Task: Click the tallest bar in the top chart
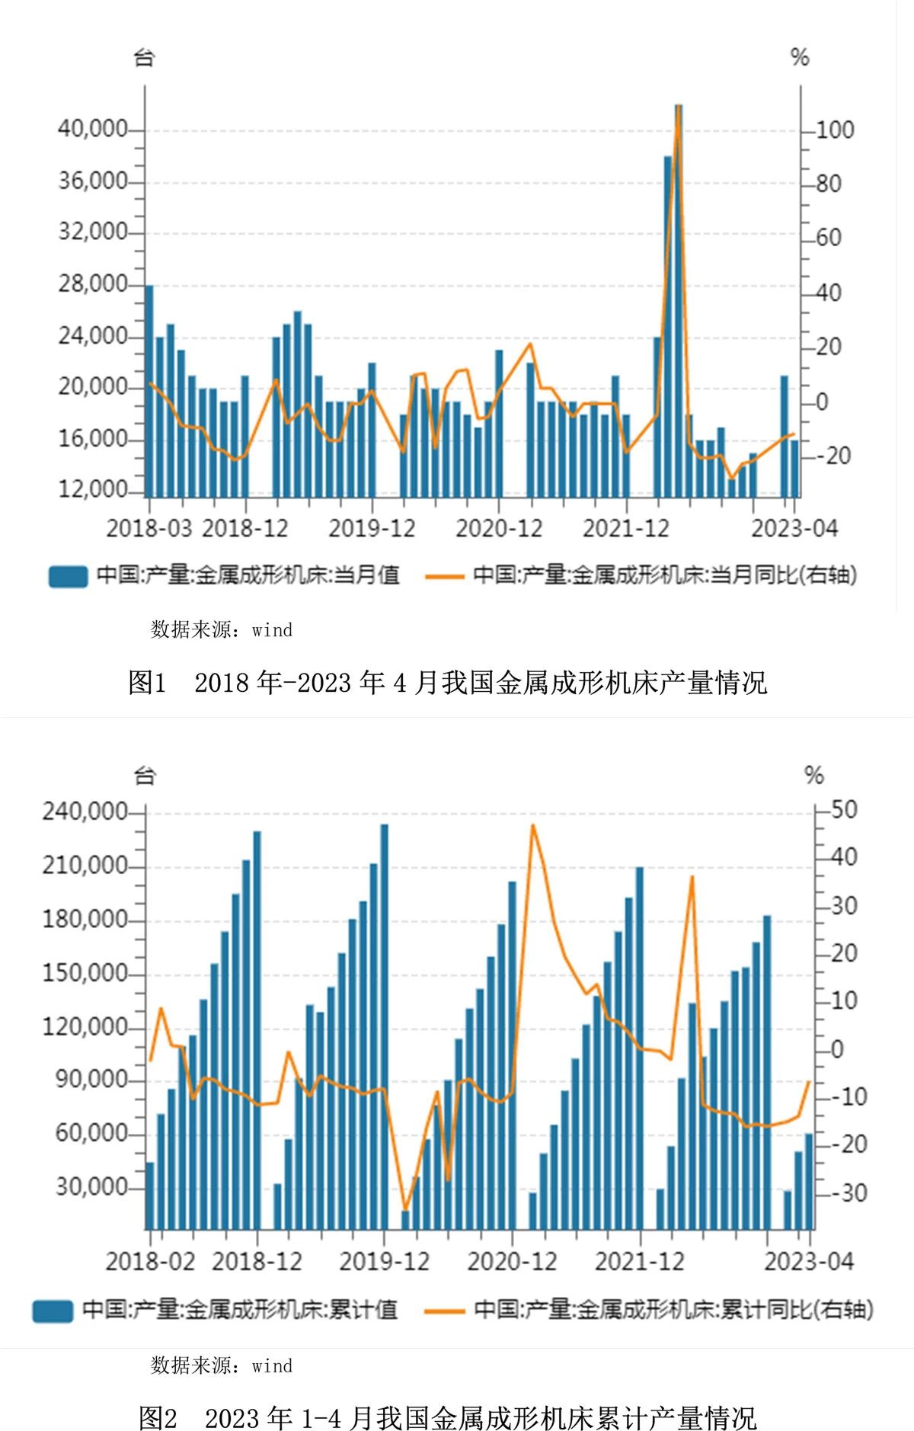point(678,305)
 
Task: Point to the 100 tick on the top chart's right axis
point(835,130)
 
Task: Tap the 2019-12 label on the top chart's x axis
point(372,528)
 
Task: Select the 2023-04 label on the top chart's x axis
point(794,528)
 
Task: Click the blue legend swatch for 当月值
point(68,576)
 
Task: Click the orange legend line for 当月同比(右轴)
point(445,576)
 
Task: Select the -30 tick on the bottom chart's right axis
point(847,1193)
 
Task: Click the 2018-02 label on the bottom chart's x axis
point(150,1261)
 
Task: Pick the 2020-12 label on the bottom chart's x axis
point(512,1261)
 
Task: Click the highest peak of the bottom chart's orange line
point(532,825)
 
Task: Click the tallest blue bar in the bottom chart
point(384,1029)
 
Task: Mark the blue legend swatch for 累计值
point(52,1311)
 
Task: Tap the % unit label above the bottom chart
point(814,776)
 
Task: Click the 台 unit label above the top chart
point(145,57)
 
